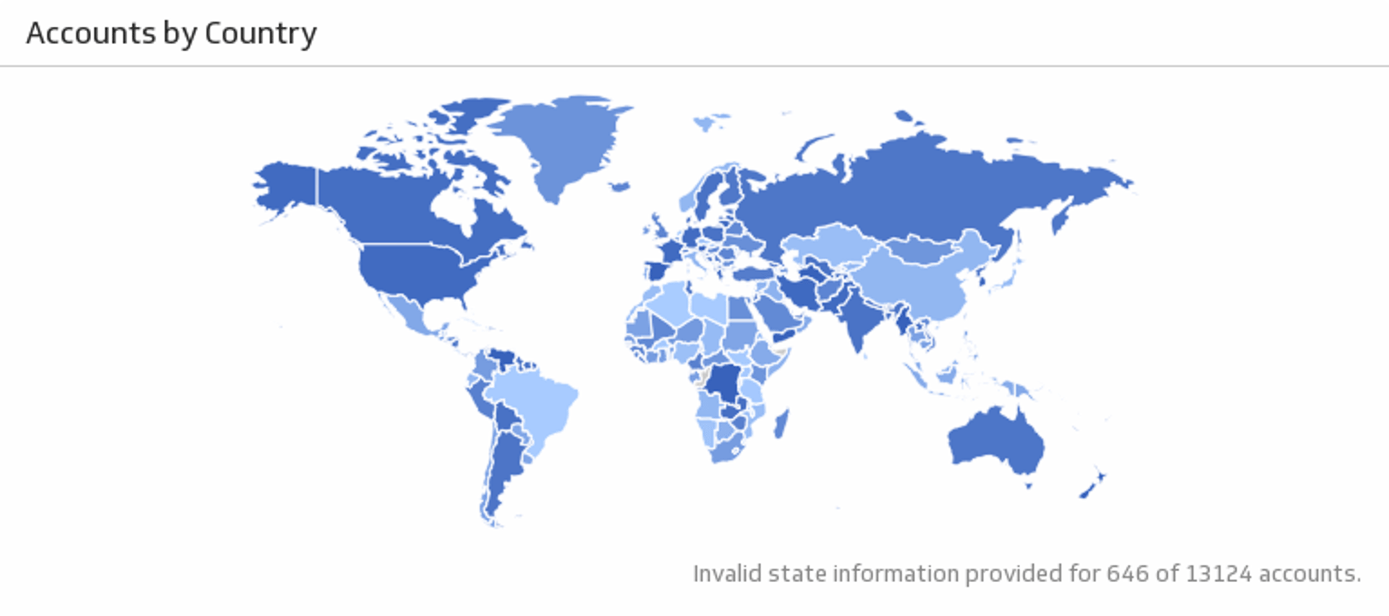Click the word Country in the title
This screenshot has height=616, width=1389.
coord(260,33)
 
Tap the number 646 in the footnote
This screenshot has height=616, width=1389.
coord(1127,574)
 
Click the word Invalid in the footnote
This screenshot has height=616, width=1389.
coord(726,574)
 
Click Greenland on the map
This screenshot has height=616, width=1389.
coord(564,141)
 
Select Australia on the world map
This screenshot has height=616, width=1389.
coord(995,442)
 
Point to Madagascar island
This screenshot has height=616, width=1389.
coord(781,423)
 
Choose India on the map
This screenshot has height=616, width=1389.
coord(861,318)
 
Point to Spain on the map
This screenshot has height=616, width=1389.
coord(658,271)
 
